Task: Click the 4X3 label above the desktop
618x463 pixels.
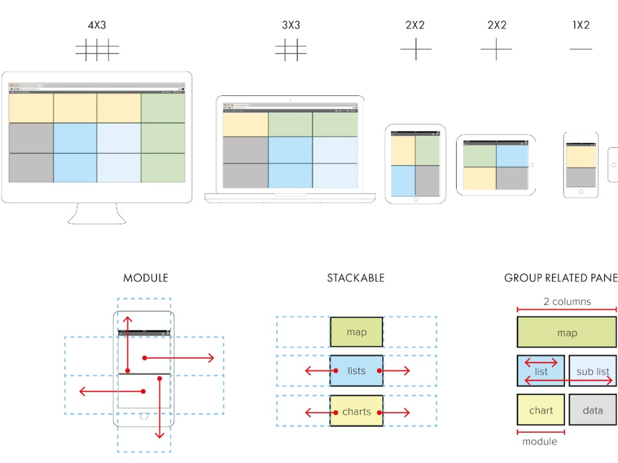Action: [97, 25]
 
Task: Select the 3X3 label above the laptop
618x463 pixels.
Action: [291, 25]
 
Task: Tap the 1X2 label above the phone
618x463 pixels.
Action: [580, 25]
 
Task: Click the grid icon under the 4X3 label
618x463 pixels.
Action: [97, 50]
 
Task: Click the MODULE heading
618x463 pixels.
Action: [145, 278]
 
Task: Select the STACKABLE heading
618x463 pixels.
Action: [355, 278]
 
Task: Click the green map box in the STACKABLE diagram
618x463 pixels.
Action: [357, 332]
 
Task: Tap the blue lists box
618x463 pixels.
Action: [357, 371]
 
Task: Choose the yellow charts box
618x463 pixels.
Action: [357, 411]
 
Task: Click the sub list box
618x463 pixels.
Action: [593, 371]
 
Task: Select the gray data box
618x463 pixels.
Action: [593, 410]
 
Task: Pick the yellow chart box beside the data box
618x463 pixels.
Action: [541, 410]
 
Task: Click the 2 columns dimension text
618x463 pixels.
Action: [567, 302]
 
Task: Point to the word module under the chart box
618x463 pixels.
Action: [540, 441]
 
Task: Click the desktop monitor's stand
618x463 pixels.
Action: [96, 214]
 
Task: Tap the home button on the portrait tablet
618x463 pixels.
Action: [415, 200]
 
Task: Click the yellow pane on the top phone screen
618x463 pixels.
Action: [581, 156]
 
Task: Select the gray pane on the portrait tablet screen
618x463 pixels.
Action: [427, 181]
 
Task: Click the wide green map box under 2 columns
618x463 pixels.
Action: [567, 333]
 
